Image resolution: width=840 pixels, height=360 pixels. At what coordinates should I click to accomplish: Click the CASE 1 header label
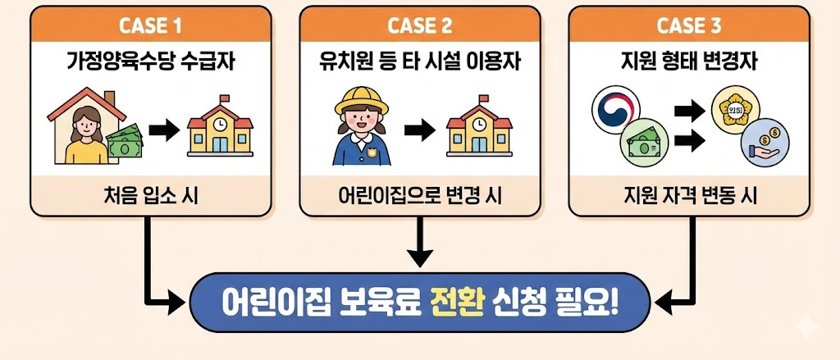pos(151,25)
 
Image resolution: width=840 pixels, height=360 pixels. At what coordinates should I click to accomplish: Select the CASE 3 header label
pos(691,25)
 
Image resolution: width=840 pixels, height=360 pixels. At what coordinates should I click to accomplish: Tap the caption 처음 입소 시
pos(151,197)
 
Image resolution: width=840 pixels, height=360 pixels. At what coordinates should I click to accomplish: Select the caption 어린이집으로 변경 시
pos(422,197)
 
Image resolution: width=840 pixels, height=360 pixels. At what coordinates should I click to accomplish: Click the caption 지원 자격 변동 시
pos(692,197)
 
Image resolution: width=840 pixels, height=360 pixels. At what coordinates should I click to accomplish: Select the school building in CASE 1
pos(218,129)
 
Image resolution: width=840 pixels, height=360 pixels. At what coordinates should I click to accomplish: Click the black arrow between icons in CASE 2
pos(418,130)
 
